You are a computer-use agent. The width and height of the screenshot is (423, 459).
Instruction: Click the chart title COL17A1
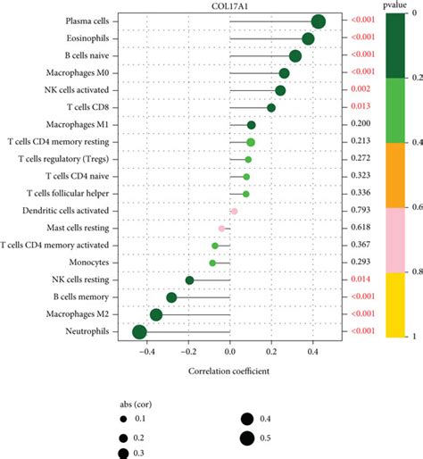click(229, 5)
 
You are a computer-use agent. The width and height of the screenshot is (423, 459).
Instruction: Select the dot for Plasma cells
click(319, 21)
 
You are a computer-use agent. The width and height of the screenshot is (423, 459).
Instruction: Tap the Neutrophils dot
click(139, 332)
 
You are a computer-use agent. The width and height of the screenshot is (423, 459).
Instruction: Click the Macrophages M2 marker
click(156, 314)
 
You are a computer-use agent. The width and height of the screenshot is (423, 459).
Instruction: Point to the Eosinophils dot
click(308, 38)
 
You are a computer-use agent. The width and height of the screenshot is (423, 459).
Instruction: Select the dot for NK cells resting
click(189, 280)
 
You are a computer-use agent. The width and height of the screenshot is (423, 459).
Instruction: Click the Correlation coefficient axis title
click(229, 369)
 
